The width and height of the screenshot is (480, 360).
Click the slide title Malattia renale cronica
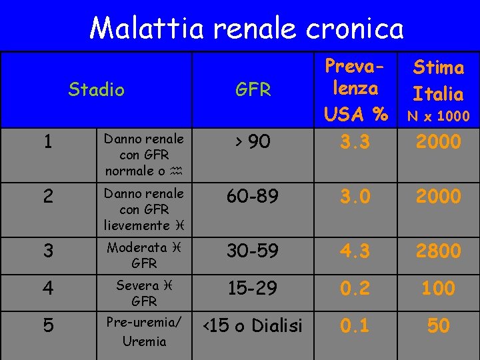tap(247, 28)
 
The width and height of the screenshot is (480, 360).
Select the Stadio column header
tap(97, 89)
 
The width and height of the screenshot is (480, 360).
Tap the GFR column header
tap(253, 90)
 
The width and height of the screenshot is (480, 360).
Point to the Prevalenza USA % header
tap(355, 90)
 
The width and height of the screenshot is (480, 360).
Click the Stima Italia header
tap(438, 80)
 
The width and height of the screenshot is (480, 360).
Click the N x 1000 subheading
tap(438, 116)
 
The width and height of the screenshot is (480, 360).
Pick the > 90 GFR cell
tap(253, 141)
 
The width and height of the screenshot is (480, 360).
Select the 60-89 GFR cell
tap(253, 196)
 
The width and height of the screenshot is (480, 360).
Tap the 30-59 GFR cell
tap(253, 251)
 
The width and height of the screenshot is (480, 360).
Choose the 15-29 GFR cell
tap(253, 288)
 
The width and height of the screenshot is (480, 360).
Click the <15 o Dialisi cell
tap(252, 325)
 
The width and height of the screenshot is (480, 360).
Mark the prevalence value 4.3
tap(355, 251)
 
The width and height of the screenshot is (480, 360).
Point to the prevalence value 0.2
tap(355, 288)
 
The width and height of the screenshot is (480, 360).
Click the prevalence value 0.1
tap(355, 325)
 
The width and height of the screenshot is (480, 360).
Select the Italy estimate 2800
tap(438, 251)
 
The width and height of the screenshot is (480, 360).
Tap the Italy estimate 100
tap(438, 288)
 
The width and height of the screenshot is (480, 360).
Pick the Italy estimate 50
tap(438, 325)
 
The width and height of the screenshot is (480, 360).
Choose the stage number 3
tap(46, 251)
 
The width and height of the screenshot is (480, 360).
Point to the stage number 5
tap(46, 326)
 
